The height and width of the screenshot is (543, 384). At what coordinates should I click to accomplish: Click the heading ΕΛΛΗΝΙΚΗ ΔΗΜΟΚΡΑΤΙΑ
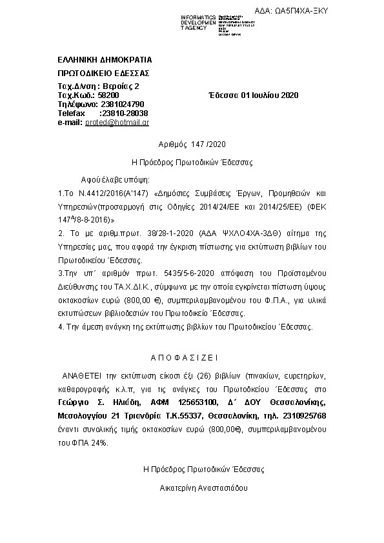(x=105, y=59)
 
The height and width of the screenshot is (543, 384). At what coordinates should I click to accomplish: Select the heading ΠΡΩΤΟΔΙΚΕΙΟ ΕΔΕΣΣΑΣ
(x=103, y=73)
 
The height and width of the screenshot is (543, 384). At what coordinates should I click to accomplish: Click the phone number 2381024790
(x=123, y=104)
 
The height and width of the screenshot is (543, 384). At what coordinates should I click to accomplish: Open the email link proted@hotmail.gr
(x=117, y=122)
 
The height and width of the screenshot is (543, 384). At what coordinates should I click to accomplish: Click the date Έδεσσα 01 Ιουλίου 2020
(x=253, y=95)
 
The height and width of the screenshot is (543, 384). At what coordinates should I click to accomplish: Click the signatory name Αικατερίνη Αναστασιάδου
(x=203, y=488)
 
